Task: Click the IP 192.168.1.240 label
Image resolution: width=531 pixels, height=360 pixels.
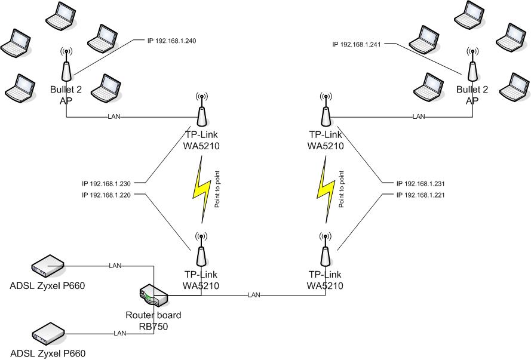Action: [171, 41]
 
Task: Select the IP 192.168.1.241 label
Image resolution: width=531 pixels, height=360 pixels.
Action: [357, 44]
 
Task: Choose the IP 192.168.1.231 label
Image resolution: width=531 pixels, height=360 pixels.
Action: [421, 184]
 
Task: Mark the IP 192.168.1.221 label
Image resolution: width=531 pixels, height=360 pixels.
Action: [421, 195]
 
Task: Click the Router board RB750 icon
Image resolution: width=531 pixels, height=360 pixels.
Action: [152, 296]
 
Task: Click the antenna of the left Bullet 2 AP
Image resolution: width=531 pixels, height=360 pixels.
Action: [67, 66]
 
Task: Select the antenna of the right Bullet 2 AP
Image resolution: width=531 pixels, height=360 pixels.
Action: [472, 66]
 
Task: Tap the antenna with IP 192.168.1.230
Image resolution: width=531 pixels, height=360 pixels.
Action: [201, 107]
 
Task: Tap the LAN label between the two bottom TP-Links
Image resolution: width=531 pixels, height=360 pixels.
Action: [254, 295]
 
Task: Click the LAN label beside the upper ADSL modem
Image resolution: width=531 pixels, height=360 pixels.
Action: [115, 264]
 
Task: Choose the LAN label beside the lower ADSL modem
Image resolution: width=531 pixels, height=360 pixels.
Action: [120, 333]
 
